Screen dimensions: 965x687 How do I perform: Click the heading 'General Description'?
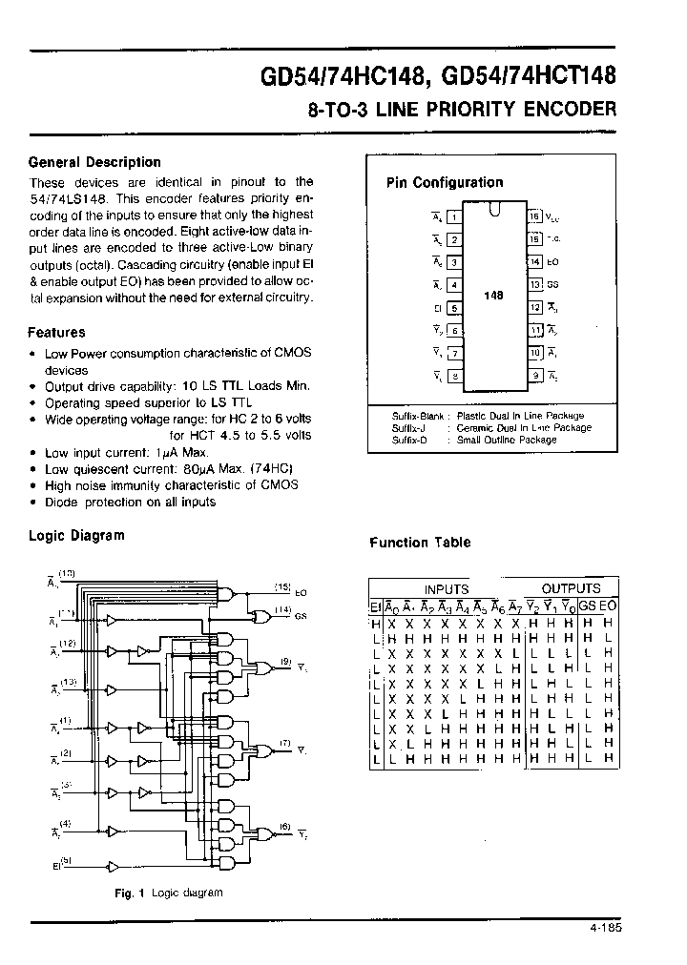[x=94, y=162]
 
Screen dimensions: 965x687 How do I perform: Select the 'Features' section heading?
[x=56, y=333]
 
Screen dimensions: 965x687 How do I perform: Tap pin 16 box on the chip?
[x=535, y=216]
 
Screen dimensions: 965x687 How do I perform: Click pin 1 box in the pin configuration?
[x=454, y=216]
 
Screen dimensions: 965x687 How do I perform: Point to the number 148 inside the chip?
[x=493, y=297]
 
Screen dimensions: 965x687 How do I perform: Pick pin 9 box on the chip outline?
[x=535, y=377]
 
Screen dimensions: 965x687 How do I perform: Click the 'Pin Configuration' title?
[x=444, y=182]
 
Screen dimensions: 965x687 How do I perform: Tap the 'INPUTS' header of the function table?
[x=446, y=589]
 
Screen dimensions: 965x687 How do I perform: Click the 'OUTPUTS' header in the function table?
[x=571, y=589]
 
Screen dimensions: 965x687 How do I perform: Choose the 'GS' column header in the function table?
[x=587, y=606]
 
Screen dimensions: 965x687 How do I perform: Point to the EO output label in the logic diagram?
[x=301, y=592]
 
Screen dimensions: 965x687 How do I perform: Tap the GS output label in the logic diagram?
[x=300, y=616]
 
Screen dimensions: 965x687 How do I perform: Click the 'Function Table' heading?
[x=420, y=543]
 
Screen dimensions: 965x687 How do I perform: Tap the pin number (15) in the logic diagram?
[x=282, y=586]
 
